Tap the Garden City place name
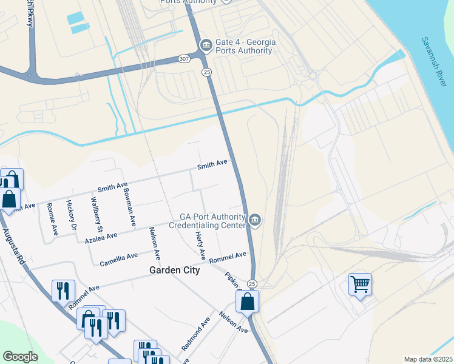coord(175,271)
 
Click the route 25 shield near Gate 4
coord(206,72)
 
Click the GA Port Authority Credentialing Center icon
coord(255,220)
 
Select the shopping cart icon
coord(360,284)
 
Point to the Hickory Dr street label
coord(71,215)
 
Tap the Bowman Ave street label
coord(129,205)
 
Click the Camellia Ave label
coord(119,259)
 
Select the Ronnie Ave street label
coord(52,219)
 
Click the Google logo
coord(20,357)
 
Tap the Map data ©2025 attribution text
coord(428,359)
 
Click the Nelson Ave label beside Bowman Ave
coord(155,243)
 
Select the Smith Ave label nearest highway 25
coord(212,164)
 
